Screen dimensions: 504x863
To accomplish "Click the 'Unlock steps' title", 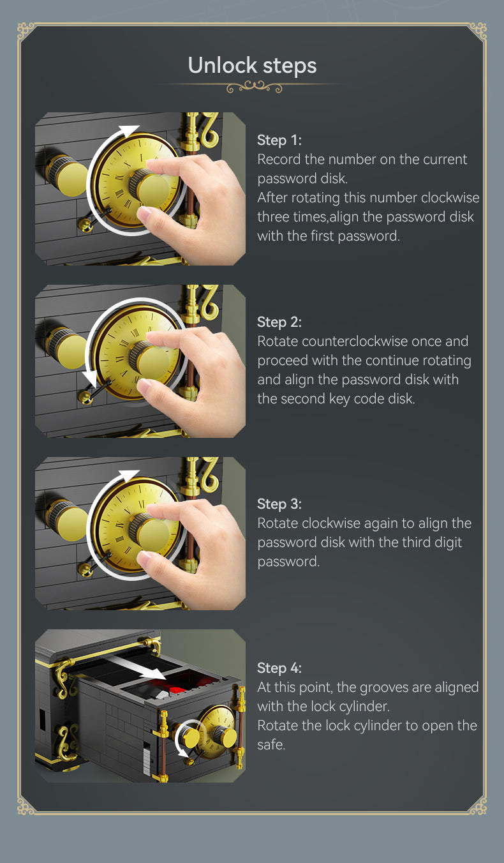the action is (x=252, y=66).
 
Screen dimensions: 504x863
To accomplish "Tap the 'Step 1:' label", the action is (x=279, y=140).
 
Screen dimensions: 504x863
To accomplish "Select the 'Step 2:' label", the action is (x=279, y=322).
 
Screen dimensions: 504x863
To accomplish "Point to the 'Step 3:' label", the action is (x=279, y=504).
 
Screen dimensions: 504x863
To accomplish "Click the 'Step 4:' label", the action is (x=279, y=668).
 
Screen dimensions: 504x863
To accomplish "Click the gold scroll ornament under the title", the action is (x=254, y=87).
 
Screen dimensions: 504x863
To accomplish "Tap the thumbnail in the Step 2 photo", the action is (x=144, y=384).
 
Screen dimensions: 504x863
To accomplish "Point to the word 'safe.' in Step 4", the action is (x=271, y=745).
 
